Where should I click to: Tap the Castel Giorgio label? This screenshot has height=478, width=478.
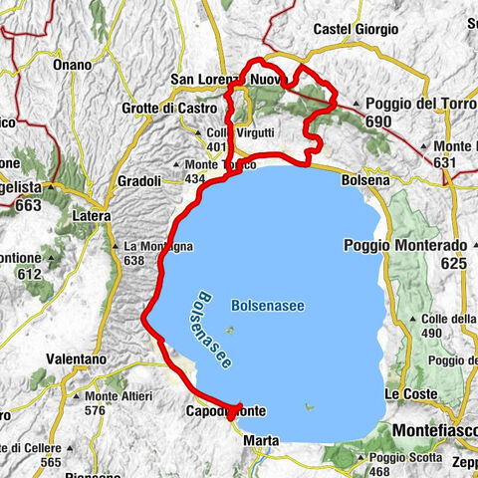click(356, 31)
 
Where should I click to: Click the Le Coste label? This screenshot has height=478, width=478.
click(411, 394)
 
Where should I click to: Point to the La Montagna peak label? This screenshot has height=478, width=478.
click(152, 245)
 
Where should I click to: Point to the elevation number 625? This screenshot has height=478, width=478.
click(453, 263)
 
